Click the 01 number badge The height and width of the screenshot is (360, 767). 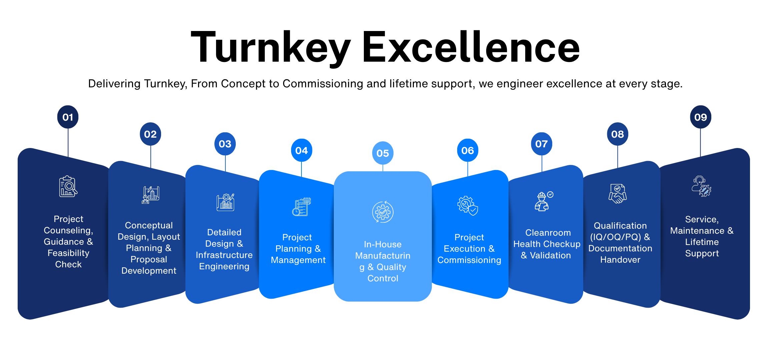tap(68, 117)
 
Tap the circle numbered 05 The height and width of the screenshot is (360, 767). tap(382, 153)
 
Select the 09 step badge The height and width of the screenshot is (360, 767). tap(700, 117)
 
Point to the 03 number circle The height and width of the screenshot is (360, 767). tap(225, 144)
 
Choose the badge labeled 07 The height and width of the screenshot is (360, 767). tap(541, 144)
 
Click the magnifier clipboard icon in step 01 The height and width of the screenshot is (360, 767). tap(68, 186)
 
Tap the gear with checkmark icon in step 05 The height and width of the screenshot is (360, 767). tap(382, 212)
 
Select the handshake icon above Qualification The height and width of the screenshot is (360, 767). tap(617, 193)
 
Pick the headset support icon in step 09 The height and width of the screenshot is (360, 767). tap(701, 186)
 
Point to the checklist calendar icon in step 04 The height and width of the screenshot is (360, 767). tap(301, 207)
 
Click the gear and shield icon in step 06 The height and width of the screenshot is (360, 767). tap(468, 205)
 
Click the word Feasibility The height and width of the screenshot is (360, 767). tap(68, 253)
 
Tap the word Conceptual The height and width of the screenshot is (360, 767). tap(149, 225)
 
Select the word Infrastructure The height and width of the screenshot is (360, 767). tap(224, 255)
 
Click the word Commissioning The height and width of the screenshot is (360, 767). tap(469, 260)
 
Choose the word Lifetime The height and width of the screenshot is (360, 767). tap(702, 242)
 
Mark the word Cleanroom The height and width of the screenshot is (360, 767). tap(548, 233)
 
